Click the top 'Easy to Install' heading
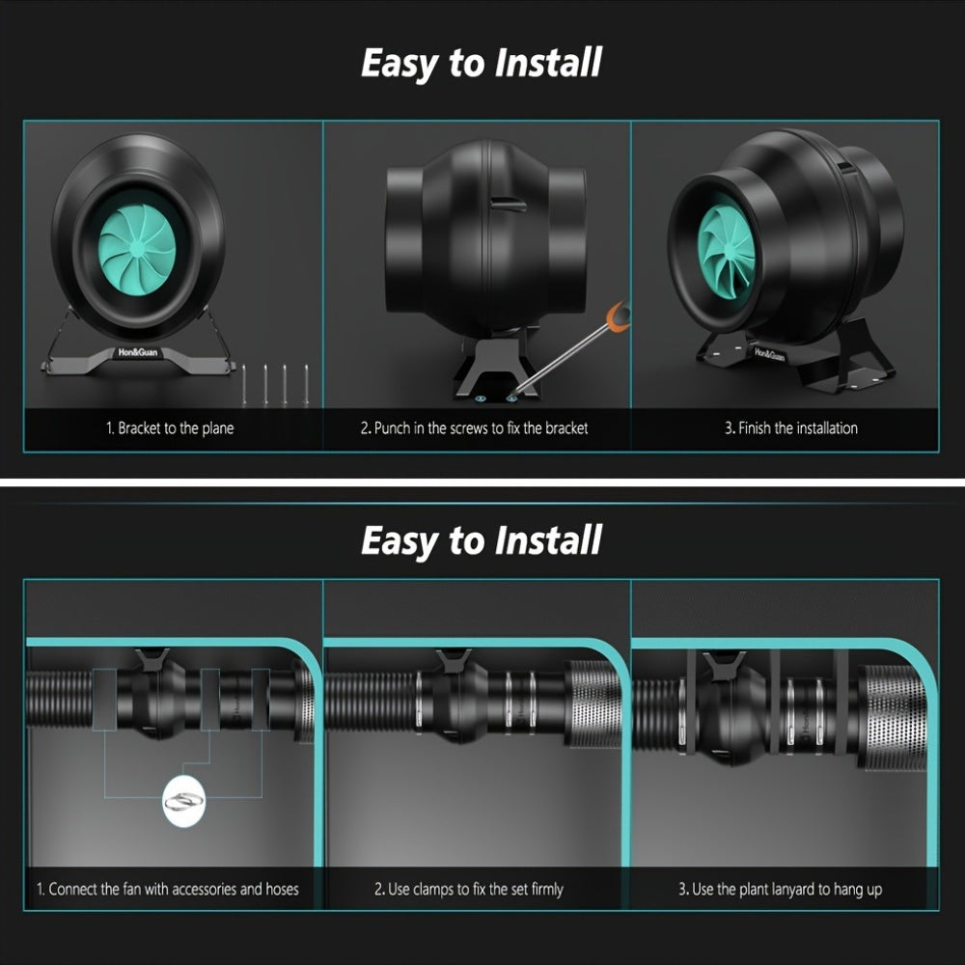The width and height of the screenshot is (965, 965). point(482,64)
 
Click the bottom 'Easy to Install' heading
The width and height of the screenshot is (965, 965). point(482,541)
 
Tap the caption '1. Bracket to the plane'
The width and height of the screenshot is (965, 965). point(170,428)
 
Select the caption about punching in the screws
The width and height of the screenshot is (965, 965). point(474,428)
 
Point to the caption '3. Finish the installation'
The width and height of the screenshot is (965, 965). point(791,428)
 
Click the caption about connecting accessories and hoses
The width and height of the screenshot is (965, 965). point(167,890)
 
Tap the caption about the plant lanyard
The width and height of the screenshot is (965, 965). point(781,890)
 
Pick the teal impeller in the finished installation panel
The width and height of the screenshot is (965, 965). point(727,252)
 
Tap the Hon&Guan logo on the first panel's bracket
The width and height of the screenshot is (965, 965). point(138,352)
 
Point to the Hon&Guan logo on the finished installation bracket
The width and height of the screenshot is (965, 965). point(769,354)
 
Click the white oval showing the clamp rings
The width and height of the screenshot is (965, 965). point(183,801)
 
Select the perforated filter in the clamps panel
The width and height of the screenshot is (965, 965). point(593,704)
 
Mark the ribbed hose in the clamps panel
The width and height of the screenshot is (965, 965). point(371,703)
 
